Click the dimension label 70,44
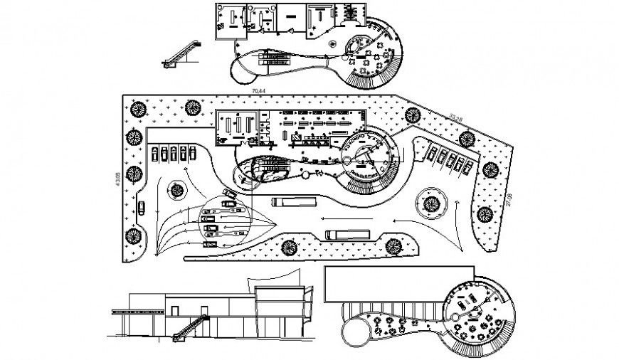tap(258, 92)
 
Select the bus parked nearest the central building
tap(285, 202)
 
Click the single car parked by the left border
tap(142, 208)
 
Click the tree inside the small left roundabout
tap(174, 189)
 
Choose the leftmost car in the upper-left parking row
tap(155, 153)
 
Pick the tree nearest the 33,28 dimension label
tap(467, 137)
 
